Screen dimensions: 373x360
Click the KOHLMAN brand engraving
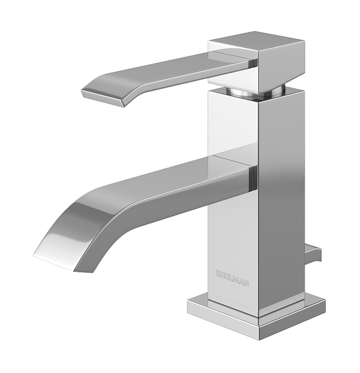tap(232, 278)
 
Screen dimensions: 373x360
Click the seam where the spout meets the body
tap(254, 178)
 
